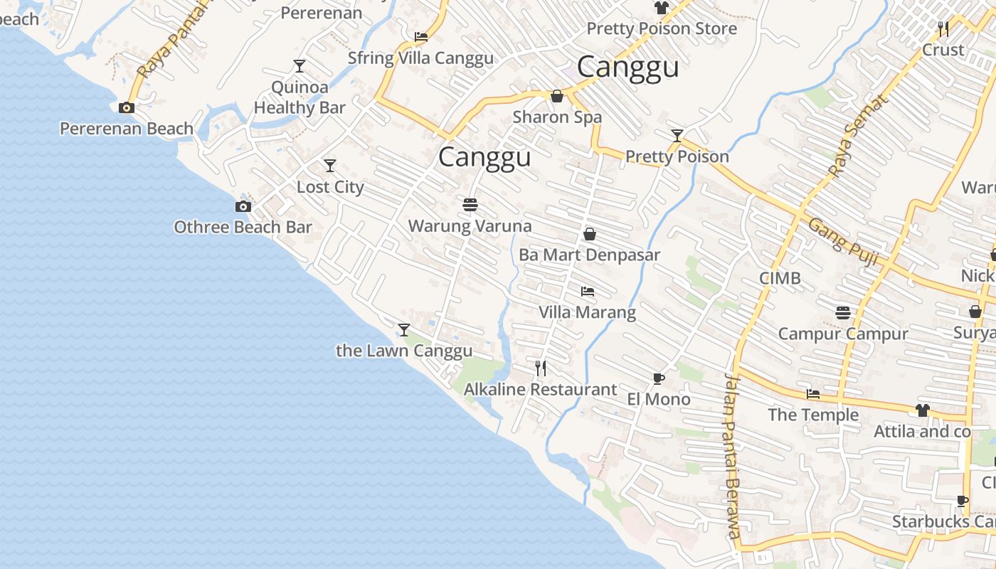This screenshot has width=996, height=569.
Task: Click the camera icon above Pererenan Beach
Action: (127, 108)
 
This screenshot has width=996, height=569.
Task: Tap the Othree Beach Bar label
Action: (243, 227)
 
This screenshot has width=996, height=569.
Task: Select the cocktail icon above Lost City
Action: (330, 166)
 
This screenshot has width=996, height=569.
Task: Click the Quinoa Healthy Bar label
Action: (300, 97)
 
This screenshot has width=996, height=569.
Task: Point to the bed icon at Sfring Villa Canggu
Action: (421, 37)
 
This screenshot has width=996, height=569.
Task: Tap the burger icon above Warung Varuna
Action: (470, 205)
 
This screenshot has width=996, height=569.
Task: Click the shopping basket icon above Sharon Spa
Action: (557, 96)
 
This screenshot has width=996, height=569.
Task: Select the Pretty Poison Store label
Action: (661, 29)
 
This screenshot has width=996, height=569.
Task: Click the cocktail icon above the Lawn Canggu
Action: (404, 329)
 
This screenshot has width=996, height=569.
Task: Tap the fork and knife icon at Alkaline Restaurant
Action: (541, 368)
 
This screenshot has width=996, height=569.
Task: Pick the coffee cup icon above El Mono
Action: (658, 378)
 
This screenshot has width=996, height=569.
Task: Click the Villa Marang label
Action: (587, 312)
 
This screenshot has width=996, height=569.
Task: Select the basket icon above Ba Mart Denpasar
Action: (590, 234)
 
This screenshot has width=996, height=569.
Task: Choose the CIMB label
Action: (780, 278)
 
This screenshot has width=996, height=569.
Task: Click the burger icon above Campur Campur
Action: (843, 313)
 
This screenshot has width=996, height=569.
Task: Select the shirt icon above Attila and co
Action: (922, 410)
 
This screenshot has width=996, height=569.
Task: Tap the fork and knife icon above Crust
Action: (943, 29)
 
